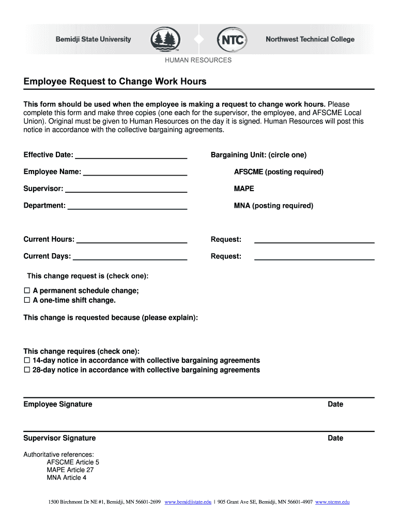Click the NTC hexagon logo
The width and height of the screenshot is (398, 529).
tap(233, 39)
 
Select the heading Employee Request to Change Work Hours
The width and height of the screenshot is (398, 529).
tap(115, 82)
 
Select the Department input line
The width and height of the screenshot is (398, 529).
tap(127, 206)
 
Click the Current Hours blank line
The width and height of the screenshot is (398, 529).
tap(131, 240)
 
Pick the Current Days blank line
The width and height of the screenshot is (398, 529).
tap(130, 257)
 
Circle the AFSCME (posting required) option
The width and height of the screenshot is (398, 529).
tap(279, 172)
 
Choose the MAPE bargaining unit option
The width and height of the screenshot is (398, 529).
tap(244, 189)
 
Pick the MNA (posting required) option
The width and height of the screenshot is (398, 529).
tap(273, 206)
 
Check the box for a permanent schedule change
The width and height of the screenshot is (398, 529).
tap(27, 291)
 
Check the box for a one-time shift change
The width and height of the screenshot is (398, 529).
tap(27, 300)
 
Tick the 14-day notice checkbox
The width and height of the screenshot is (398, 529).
tap(27, 361)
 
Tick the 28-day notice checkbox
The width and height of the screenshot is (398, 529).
tap(27, 370)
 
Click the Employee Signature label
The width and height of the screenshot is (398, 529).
tap(58, 404)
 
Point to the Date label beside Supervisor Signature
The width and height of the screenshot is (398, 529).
tap(335, 438)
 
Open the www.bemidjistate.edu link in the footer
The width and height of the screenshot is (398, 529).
tap(188, 502)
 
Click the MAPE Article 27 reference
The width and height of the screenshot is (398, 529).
tap(70, 470)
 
